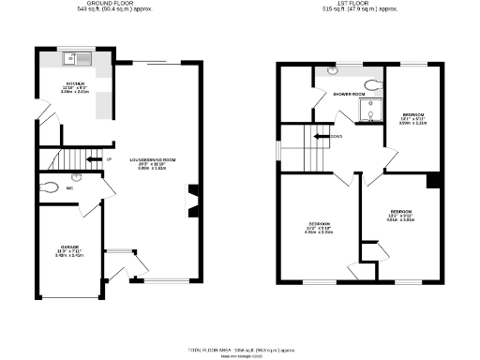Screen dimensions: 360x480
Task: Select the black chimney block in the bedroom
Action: coord(432,182)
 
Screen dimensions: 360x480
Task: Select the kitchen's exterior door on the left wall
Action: coord(37,119)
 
